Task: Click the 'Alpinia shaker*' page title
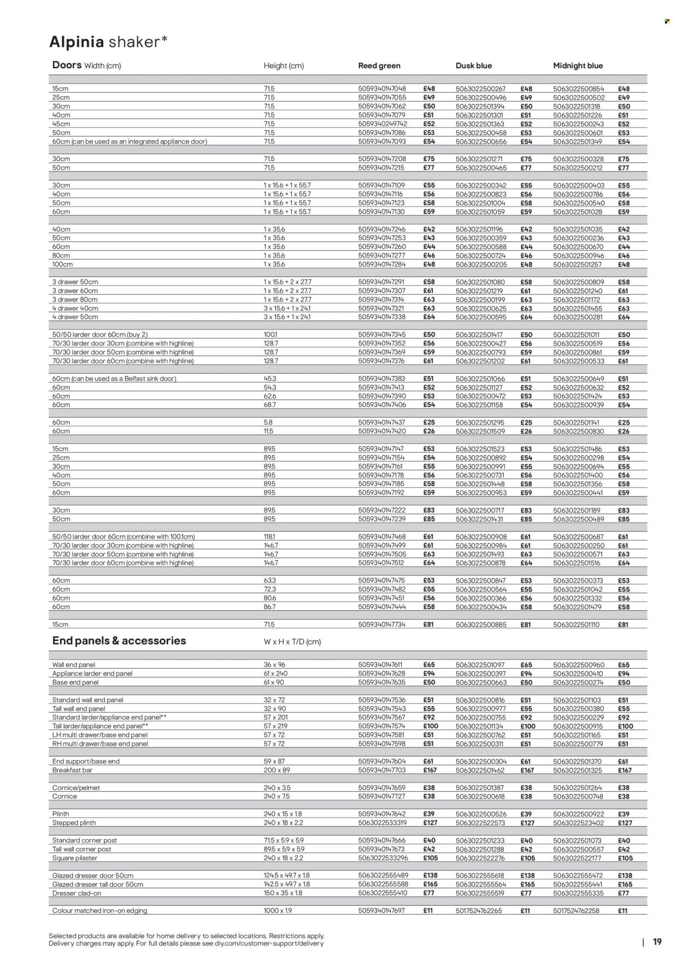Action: coord(108,42)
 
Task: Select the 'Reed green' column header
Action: coord(379,66)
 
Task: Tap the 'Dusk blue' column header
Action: coord(473,66)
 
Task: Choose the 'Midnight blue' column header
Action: coord(578,66)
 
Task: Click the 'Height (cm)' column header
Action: coord(284,66)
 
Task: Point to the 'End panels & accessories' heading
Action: coord(119,640)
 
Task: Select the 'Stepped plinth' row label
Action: coord(74,823)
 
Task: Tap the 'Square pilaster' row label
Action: coord(74,858)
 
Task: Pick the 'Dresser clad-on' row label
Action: coord(76,893)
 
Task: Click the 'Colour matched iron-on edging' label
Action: coord(99,911)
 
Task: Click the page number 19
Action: coord(657,941)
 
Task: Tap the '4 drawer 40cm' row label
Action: coord(75,308)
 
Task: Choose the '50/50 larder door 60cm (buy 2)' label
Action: coord(100,334)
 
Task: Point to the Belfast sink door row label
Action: coord(114,379)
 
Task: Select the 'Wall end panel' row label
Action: coord(74,665)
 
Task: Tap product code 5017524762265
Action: coord(479,911)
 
